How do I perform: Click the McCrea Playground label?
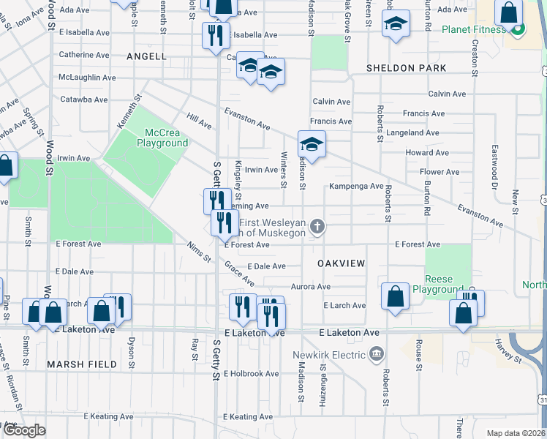coord(162,138)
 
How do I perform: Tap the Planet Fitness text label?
coord(473,29)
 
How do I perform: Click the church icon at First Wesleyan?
coord(317,227)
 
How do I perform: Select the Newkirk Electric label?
coord(328,356)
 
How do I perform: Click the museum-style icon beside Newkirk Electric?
coord(377,356)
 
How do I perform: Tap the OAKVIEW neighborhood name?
coord(341,262)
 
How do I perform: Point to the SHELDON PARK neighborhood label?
coord(406,68)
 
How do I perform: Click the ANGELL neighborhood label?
coord(146,56)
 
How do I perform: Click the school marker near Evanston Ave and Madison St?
coord(312,145)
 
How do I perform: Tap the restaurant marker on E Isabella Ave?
coord(215,37)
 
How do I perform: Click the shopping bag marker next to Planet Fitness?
coord(508,12)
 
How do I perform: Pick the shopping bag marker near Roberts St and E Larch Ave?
coord(395,297)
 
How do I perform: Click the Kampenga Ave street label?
coord(356,187)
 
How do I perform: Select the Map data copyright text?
coord(515,433)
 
